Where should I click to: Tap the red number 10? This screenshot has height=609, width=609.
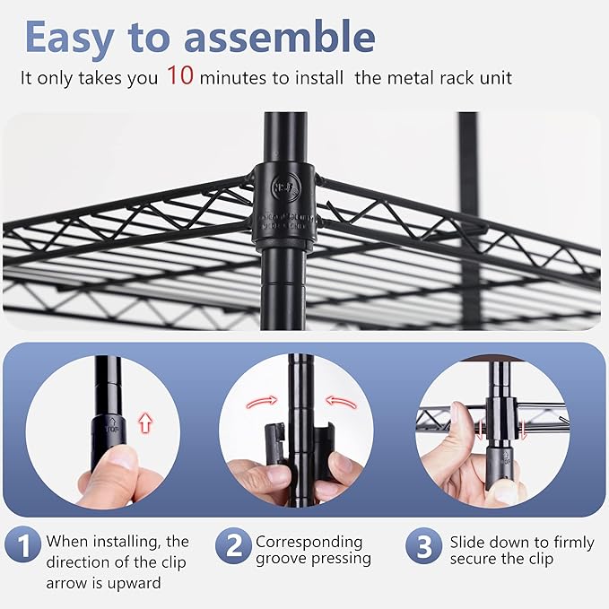179,77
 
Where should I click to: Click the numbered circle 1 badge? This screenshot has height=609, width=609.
22,544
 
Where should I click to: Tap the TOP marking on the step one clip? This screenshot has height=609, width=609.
110,428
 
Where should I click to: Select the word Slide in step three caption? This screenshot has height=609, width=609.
469,542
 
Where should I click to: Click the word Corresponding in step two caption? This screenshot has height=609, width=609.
309,542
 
